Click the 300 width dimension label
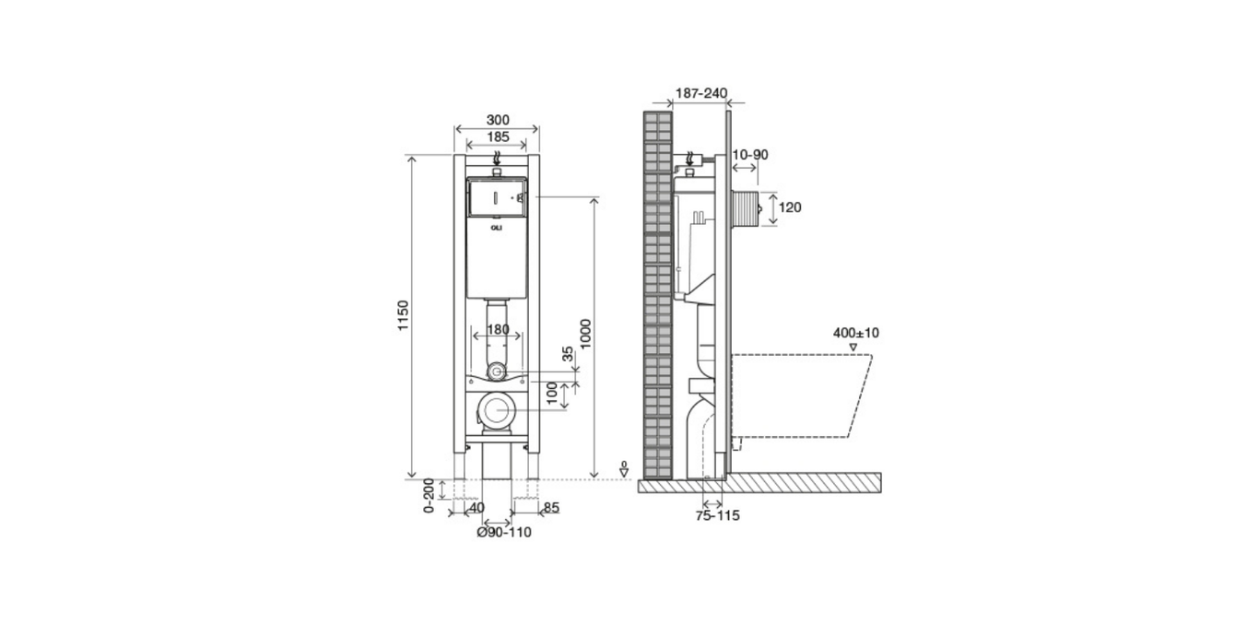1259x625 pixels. coord(498,120)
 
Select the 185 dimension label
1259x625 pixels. coord(498,136)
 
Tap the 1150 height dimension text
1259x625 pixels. coord(404,315)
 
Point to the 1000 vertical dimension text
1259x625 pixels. coord(585,334)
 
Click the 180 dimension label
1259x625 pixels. coord(498,329)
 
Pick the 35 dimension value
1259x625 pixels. coord(569,354)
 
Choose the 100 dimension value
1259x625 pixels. coord(552,393)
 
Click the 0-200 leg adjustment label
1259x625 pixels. coord(429,495)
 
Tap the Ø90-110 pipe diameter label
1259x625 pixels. coord(503,532)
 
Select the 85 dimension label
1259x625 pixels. coord(551,508)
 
